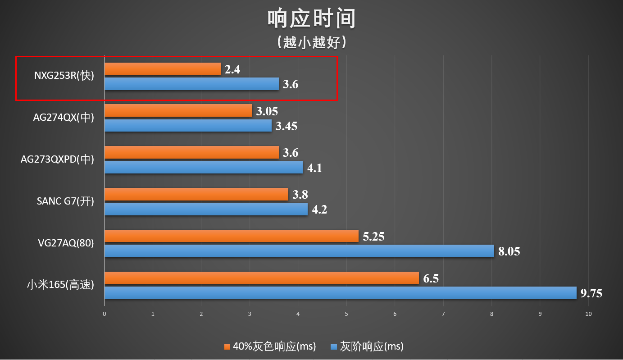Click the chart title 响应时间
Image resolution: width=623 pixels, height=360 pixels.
coord(312,19)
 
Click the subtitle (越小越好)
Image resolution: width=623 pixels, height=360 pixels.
coord(312,42)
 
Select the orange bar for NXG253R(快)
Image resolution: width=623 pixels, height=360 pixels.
coord(163,69)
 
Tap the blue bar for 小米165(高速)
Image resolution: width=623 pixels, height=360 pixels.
coord(340,293)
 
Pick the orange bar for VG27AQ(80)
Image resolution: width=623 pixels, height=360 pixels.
coord(232,236)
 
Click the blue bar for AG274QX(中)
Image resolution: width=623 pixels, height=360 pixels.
coord(188,126)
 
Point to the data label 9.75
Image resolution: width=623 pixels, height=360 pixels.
coord(591,293)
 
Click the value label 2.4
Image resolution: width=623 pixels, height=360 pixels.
coord(232,69)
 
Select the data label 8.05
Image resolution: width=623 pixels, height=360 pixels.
coord(509,251)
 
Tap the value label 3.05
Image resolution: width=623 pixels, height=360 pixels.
coord(267,111)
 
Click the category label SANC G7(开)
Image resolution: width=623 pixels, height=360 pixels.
coord(65,201)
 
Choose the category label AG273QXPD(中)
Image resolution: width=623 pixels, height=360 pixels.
coord(57,159)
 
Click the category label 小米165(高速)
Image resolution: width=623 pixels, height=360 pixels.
coord(60,285)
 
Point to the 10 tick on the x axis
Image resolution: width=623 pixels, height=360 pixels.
coord(588,314)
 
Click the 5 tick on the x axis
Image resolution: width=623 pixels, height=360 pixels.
coord(346,314)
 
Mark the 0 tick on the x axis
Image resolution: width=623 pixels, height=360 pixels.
coord(105,314)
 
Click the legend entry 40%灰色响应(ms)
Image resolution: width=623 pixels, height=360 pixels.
coord(270,346)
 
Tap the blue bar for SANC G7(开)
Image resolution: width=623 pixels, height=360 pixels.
coord(206,209)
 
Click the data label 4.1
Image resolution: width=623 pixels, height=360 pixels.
coord(314,168)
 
